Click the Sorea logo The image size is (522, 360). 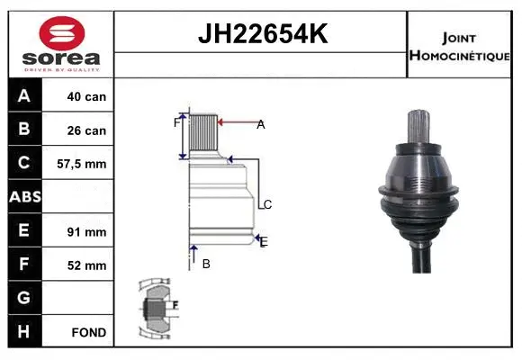tap(61, 44)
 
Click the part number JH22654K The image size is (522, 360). tap(261, 35)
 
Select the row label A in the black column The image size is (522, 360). tap(24, 95)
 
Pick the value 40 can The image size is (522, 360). tap(86, 96)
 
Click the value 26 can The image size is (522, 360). tap(86, 130)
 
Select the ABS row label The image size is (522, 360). tap(24, 197)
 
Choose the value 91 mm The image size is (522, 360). tap(88, 231)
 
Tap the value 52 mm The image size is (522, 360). tap(88, 265)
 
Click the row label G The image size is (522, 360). tap(24, 298)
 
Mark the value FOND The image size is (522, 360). tap(88, 332)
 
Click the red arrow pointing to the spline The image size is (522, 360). tap(238, 123)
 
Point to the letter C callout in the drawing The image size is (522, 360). tap(267, 204)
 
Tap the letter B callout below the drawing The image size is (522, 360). tap(206, 264)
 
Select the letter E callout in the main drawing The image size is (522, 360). tap(263, 241)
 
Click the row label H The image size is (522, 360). tap(24, 332)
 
